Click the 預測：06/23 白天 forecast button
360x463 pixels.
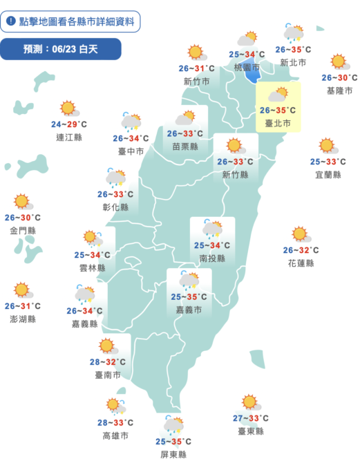click(61, 49)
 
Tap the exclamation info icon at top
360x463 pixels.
click(12, 21)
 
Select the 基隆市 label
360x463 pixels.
click(339, 91)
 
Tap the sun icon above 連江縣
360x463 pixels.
click(68, 108)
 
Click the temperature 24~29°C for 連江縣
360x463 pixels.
click(68, 124)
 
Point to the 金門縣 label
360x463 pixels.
click(23, 230)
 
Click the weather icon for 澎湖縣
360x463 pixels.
click(23, 290)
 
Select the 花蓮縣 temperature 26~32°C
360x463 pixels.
click(300, 250)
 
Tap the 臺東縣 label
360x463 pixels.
click(250, 431)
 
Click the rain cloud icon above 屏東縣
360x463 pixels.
click(173, 424)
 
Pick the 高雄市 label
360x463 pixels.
click(115, 435)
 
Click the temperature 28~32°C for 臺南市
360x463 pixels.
click(107, 361)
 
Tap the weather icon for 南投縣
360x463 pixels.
click(212, 229)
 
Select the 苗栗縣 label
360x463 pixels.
click(184, 147)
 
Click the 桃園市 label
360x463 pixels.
click(247, 68)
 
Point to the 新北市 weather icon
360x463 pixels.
click(293, 33)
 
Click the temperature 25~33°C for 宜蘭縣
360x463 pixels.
click(327, 162)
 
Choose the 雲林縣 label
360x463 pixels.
click(93, 267)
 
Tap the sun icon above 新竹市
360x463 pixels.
click(196, 52)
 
